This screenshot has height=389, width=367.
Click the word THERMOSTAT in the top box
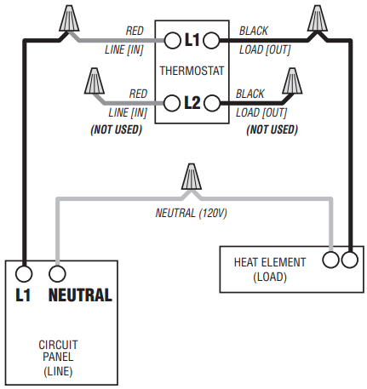point(192,71)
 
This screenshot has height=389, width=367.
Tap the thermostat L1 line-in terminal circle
point(172,41)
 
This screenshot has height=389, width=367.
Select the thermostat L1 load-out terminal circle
point(211,41)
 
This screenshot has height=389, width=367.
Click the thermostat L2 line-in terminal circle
point(172,103)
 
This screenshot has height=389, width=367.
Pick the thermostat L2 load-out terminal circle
point(212,103)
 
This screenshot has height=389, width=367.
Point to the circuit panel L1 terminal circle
point(24,274)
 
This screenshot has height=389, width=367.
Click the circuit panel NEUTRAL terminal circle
point(57,274)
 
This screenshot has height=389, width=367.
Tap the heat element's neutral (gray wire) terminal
point(330,260)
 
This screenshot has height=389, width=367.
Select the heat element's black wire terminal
point(350,260)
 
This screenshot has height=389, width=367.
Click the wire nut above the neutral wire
point(192,176)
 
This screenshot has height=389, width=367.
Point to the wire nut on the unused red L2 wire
point(95,81)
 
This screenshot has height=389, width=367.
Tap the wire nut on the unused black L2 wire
point(292,81)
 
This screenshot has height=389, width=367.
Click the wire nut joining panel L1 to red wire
point(69,18)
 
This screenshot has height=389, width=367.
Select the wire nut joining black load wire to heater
point(318,18)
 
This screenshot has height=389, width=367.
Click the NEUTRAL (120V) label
point(192,213)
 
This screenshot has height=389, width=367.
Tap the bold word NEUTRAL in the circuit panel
point(80,295)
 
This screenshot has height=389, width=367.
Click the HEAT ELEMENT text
point(270,262)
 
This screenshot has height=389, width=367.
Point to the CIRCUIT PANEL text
point(58,351)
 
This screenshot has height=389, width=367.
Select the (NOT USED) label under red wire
point(116,129)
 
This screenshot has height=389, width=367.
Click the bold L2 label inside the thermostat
point(192,103)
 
